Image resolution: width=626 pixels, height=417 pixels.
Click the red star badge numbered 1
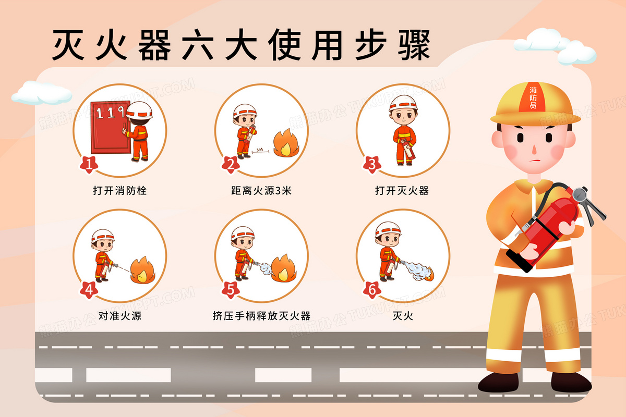click(89, 164)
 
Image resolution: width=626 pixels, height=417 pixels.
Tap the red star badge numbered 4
click(89, 290)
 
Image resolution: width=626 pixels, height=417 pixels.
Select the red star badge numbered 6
click(372, 290)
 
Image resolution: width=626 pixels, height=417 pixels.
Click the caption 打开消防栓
click(120, 191)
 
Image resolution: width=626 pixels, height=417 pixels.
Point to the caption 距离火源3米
click(261, 191)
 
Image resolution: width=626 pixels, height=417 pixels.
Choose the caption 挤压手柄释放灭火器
click(261, 316)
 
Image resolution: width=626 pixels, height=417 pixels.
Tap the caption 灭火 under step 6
click(403, 316)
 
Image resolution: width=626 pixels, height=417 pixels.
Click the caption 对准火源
click(120, 316)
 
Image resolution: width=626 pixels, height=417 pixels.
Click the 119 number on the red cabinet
click(110, 112)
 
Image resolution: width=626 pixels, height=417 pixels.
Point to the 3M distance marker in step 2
click(260, 151)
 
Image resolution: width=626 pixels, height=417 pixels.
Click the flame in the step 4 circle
click(142, 270)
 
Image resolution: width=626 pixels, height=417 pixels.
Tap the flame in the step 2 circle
click(286, 143)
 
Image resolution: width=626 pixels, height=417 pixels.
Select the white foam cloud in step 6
click(417, 271)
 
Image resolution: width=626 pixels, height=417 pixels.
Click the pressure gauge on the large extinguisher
click(580, 194)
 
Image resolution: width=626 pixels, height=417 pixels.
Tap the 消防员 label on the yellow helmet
click(533, 98)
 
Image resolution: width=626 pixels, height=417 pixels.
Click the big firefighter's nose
click(534, 150)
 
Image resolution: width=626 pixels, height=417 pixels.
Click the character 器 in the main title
click(154, 45)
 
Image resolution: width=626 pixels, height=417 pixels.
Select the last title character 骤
click(414, 45)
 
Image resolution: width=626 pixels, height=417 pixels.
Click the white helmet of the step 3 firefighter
click(403, 103)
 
